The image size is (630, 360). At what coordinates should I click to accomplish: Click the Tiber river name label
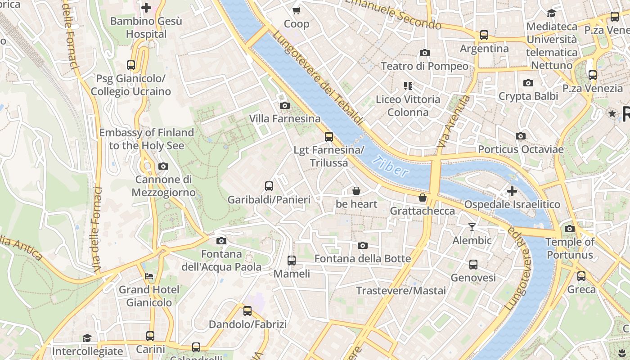click(391, 166)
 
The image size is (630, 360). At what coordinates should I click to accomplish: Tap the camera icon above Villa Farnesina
click(284, 105)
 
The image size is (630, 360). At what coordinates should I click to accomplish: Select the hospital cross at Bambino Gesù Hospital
click(146, 8)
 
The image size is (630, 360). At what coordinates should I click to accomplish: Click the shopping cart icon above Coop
click(296, 10)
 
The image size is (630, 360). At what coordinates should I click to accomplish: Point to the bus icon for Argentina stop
click(484, 35)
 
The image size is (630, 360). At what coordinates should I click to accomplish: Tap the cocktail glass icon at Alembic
click(472, 227)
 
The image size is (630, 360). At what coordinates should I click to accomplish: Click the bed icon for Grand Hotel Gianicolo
click(149, 276)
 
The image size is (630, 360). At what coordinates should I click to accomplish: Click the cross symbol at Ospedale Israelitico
click(512, 191)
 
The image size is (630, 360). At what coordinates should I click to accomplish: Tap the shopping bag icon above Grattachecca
click(422, 198)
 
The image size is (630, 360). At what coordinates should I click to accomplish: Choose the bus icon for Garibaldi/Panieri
click(269, 186)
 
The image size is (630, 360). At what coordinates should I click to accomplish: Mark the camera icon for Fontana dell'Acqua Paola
click(221, 241)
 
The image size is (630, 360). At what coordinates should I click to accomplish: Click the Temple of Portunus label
click(569, 248)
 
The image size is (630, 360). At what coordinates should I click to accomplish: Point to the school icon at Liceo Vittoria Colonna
click(408, 85)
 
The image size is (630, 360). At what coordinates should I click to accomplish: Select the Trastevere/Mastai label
click(401, 291)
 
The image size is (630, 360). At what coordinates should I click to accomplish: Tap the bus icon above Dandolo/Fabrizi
click(247, 311)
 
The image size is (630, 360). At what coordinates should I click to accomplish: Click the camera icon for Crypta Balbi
click(528, 83)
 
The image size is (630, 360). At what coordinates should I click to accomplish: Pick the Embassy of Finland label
click(147, 139)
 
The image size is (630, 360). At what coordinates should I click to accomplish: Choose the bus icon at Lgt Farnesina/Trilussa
click(329, 137)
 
